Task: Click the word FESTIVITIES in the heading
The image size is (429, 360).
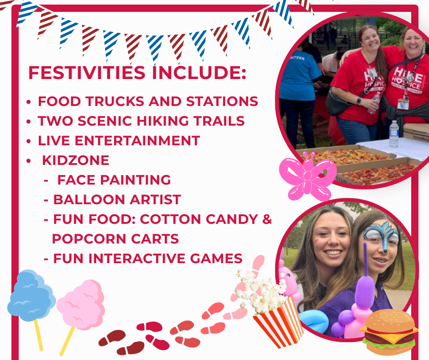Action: [x=87, y=73]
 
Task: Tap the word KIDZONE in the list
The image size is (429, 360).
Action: [x=75, y=160]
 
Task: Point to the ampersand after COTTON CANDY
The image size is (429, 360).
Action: [x=267, y=219]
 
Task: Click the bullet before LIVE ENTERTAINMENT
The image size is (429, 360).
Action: [x=28, y=141]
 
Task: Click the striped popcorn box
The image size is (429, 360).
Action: [x=279, y=323]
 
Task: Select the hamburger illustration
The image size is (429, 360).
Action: [x=388, y=332]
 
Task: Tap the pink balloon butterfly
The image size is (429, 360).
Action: [x=308, y=176]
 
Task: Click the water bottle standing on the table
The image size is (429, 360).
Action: [x=393, y=134]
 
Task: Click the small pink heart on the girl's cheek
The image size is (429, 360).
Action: [x=316, y=242]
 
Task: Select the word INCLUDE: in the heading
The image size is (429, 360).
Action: [x=199, y=73]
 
